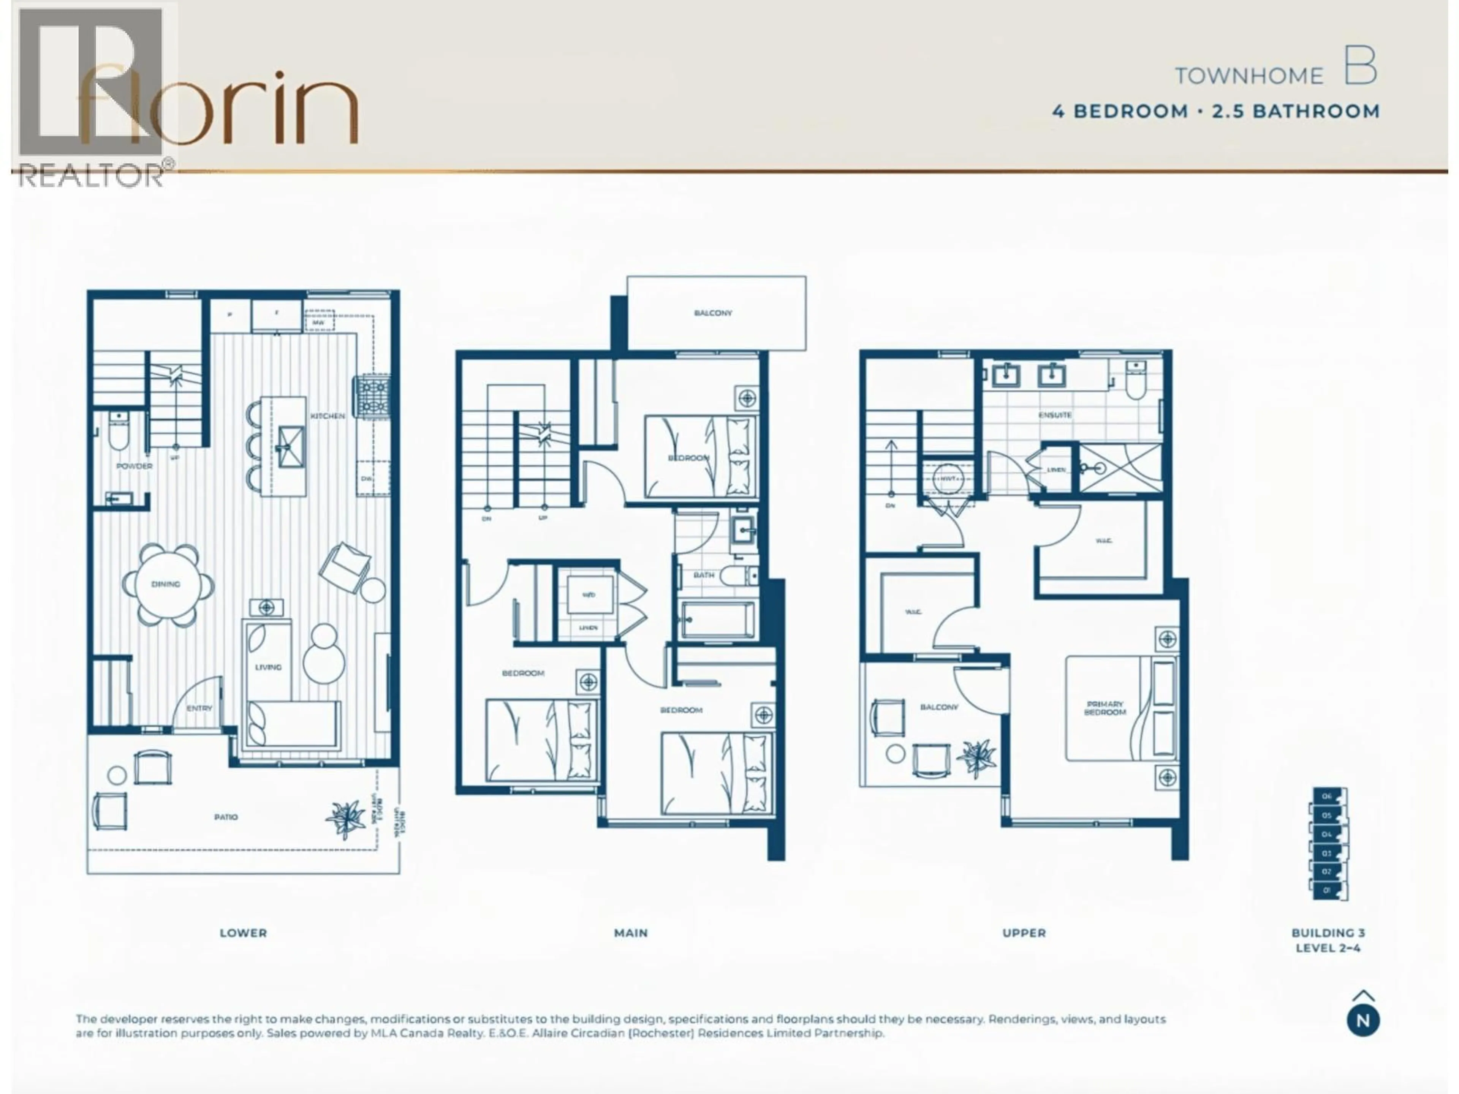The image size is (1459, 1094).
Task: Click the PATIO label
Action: click(226, 817)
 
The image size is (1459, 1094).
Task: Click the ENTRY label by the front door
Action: click(199, 708)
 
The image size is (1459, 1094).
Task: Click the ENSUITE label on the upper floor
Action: click(1055, 415)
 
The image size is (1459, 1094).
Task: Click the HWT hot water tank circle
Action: click(948, 478)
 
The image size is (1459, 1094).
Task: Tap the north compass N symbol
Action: click(1363, 1021)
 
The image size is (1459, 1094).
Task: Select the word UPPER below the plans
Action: click(1024, 933)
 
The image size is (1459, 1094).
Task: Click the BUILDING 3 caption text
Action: click(1328, 933)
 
